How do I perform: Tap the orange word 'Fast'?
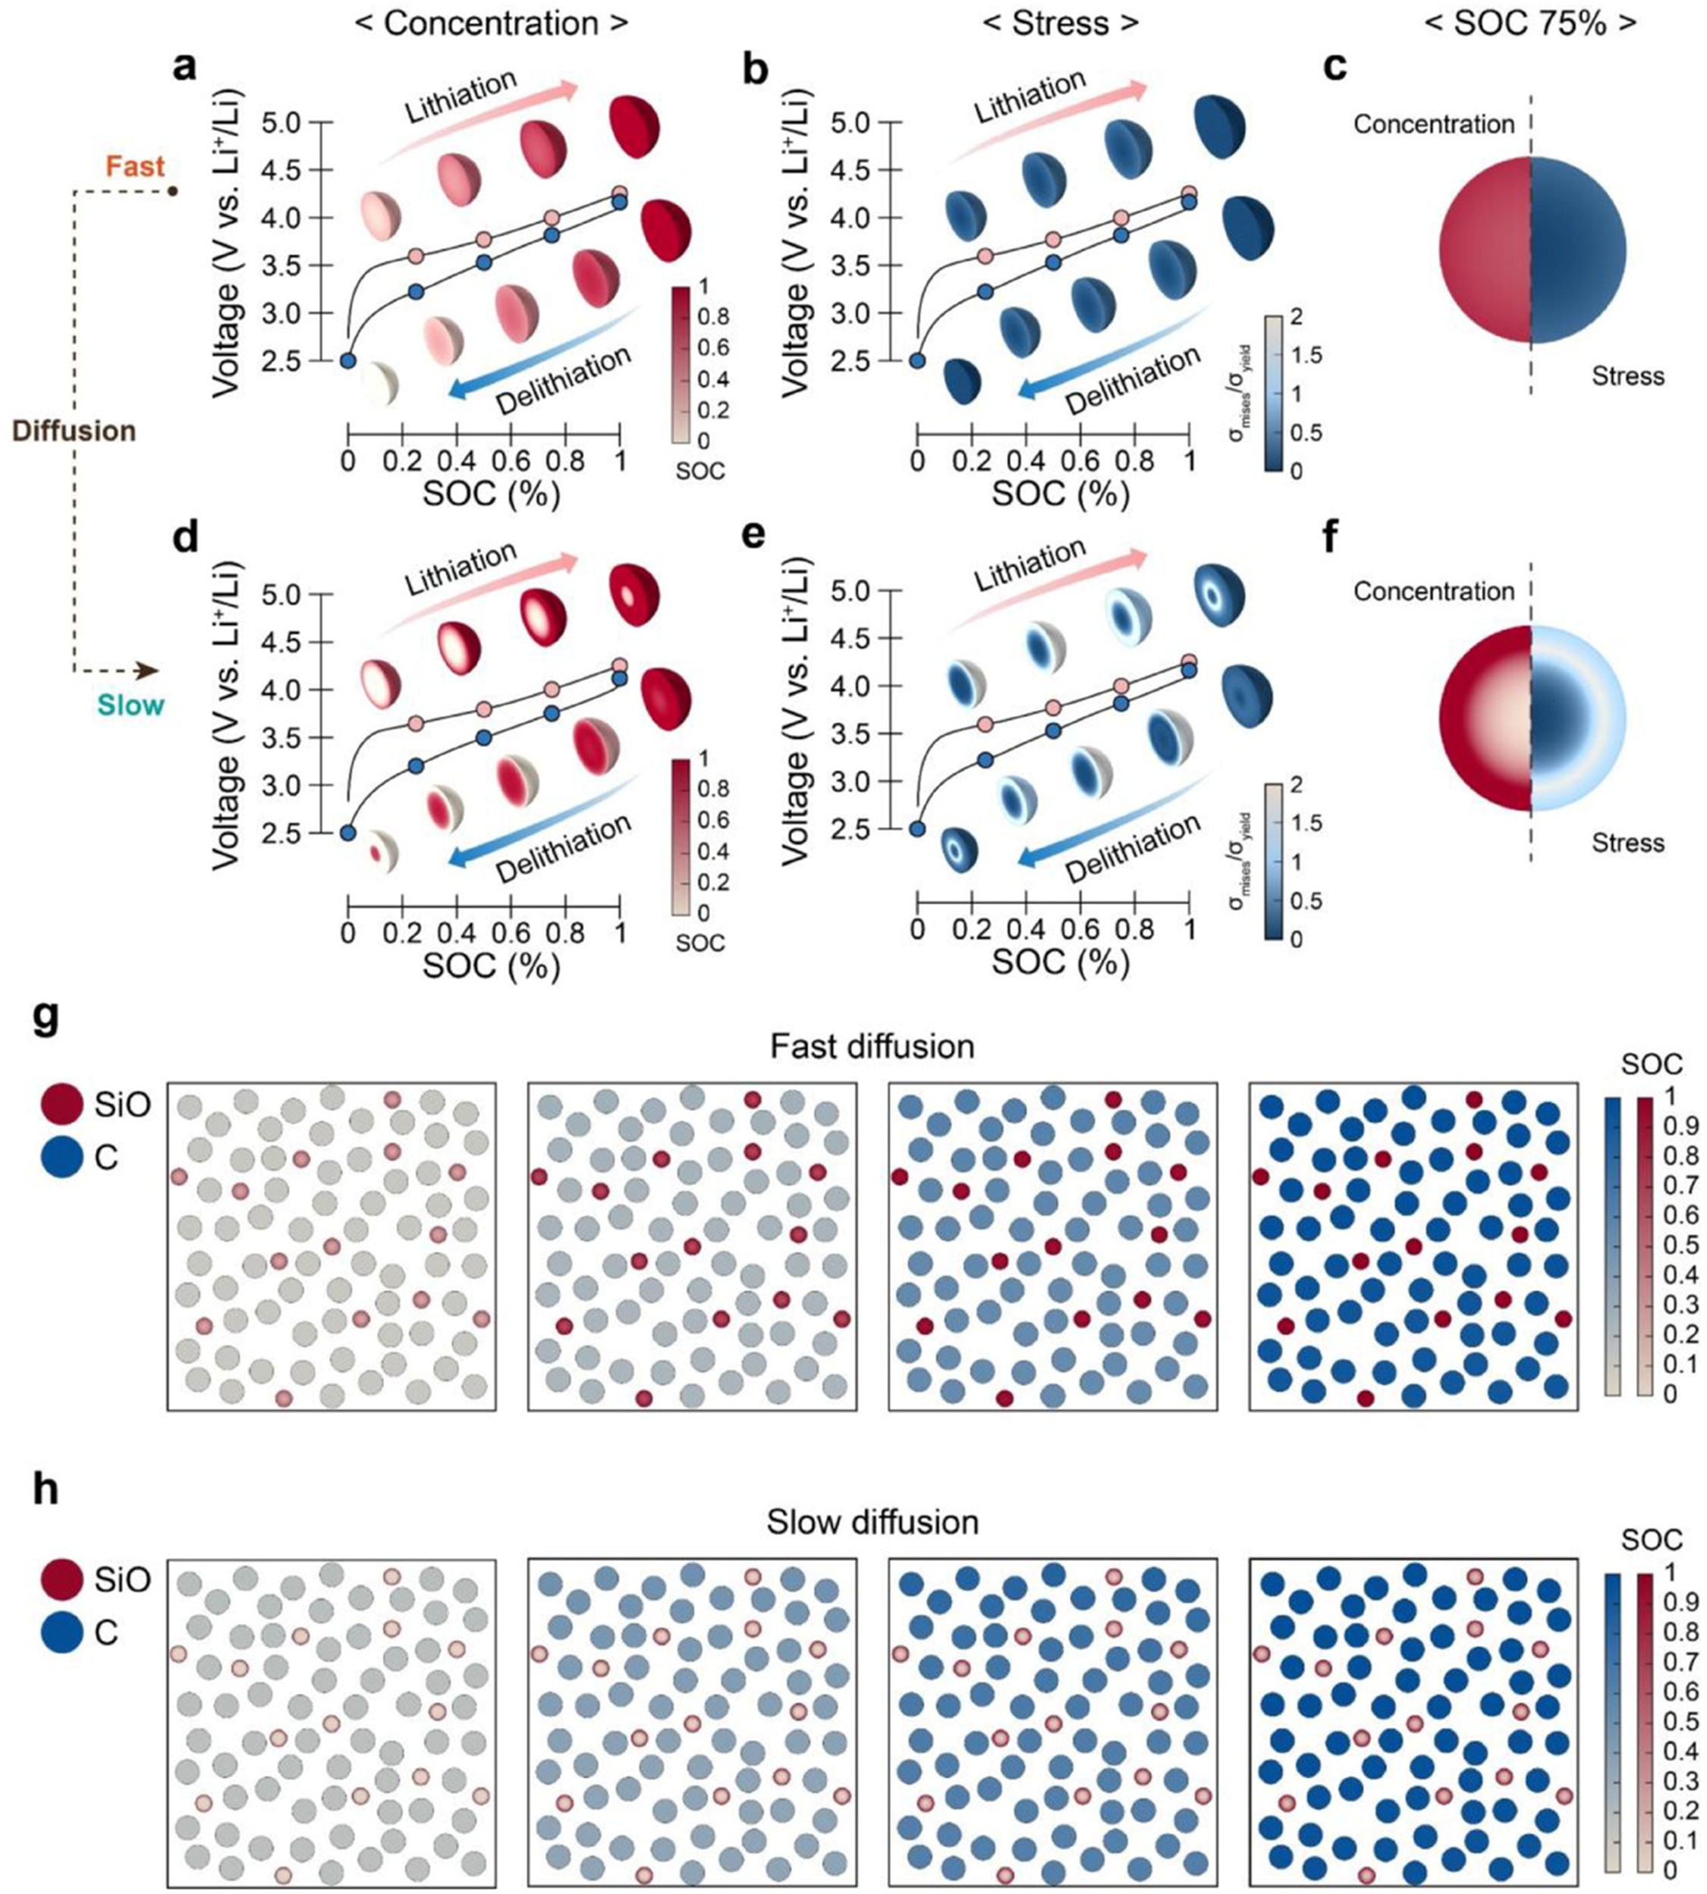point(135,167)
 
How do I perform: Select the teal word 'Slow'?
point(130,705)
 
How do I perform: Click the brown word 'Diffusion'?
point(74,432)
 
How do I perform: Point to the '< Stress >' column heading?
point(1061,23)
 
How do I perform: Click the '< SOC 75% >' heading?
point(1531,23)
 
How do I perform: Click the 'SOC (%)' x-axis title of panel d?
point(491,965)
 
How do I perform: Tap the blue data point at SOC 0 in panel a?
point(348,361)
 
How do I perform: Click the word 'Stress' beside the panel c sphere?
point(1627,377)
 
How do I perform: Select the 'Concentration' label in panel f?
point(1433,592)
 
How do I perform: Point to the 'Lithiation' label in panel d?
point(461,568)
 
